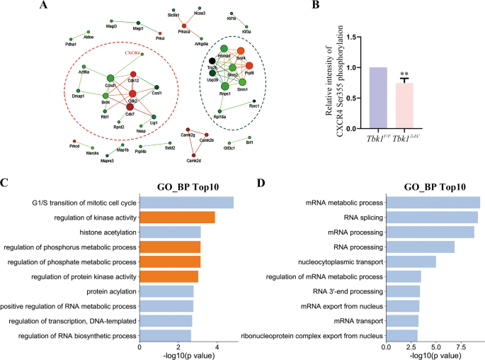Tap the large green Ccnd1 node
[x=110, y=78]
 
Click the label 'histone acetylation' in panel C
[x=104, y=232]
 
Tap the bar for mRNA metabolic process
[x=433, y=203]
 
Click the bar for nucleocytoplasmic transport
[x=411, y=261]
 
